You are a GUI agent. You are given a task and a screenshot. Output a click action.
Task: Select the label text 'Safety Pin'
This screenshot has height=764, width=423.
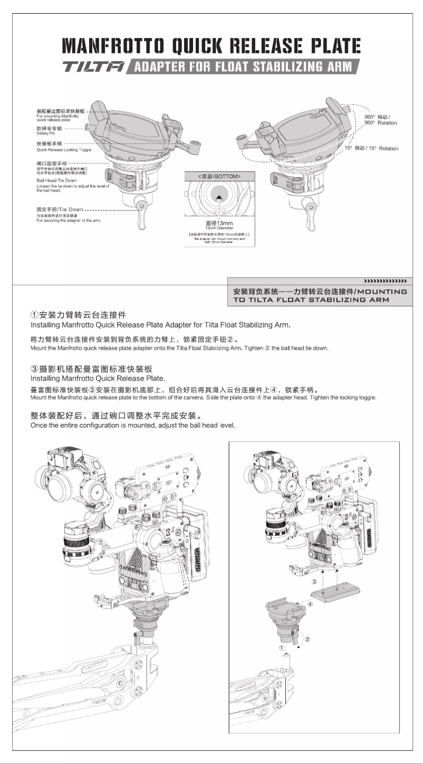46,132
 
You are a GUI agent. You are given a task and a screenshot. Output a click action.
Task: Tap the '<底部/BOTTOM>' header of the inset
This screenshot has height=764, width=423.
219,176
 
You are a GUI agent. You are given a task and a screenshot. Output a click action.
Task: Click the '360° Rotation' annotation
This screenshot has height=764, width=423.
380,123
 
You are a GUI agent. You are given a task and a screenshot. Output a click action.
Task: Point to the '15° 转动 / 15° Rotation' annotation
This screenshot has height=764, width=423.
372,149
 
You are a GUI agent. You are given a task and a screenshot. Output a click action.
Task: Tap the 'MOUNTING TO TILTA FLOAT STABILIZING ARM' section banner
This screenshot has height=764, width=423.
320,295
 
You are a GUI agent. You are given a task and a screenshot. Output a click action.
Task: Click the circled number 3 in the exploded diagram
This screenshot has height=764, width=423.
314,581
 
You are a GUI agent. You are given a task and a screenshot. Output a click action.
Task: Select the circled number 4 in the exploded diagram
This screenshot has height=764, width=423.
310,604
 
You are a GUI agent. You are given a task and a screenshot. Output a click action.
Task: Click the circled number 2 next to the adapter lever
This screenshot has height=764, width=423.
307,639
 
